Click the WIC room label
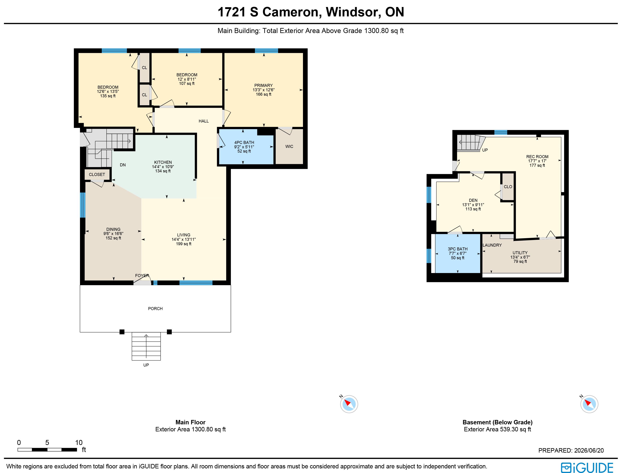pyautogui.click(x=289, y=146)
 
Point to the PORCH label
pyautogui.click(x=155, y=309)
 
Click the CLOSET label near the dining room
pyautogui.click(x=97, y=175)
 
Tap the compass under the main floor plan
pyautogui.click(x=349, y=404)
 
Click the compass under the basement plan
pyautogui.click(x=589, y=404)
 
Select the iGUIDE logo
pyautogui.click(x=587, y=467)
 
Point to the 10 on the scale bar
pyautogui.click(x=79, y=443)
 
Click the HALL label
pyautogui.click(x=204, y=121)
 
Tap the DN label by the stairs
pyautogui.click(x=123, y=165)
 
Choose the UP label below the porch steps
pyautogui.click(x=146, y=365)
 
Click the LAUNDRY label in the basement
pyautogui.click(x=492, y=245)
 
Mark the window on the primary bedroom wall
pyautogui.click(x=266, y=51)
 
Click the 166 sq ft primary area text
pyautogui.click(x=264, y=94)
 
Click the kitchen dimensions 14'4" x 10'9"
pyautogui.click(x=163, y=167)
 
